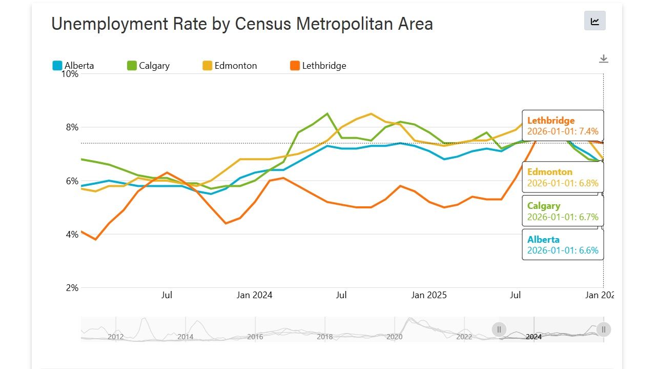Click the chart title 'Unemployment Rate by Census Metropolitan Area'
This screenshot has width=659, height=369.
[x=242, y=24]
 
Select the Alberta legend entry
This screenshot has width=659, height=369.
[x=73, y=66]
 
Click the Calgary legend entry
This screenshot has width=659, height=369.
[x=148, y=66]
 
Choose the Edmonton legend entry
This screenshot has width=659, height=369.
[x=230, y=66]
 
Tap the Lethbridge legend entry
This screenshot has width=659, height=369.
[x=318, y=66]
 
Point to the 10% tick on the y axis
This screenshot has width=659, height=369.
[x=70, y=74]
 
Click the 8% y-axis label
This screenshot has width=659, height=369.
[x=72, y=127]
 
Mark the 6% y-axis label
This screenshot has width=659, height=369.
[x=72, y=181]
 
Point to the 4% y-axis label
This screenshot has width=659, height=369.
[x=72, y=235]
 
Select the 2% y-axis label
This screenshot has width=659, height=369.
[x=72, y=288]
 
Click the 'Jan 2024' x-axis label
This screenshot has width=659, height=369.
[x=254, y=295]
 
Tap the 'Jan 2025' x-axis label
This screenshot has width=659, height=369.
[x=429, y=295]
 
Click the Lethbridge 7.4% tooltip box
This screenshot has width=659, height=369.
[x=563, y=126]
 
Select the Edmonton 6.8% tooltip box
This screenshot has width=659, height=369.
[x=563, y=177]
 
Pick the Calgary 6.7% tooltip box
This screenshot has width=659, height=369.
[x=563, y=211]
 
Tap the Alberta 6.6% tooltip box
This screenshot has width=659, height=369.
[x=563, y=245]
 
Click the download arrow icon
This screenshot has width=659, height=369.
[x=604, y=59]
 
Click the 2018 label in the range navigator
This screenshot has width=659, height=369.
[x=325, y=337]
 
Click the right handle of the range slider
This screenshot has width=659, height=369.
[x=604, y=329]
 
